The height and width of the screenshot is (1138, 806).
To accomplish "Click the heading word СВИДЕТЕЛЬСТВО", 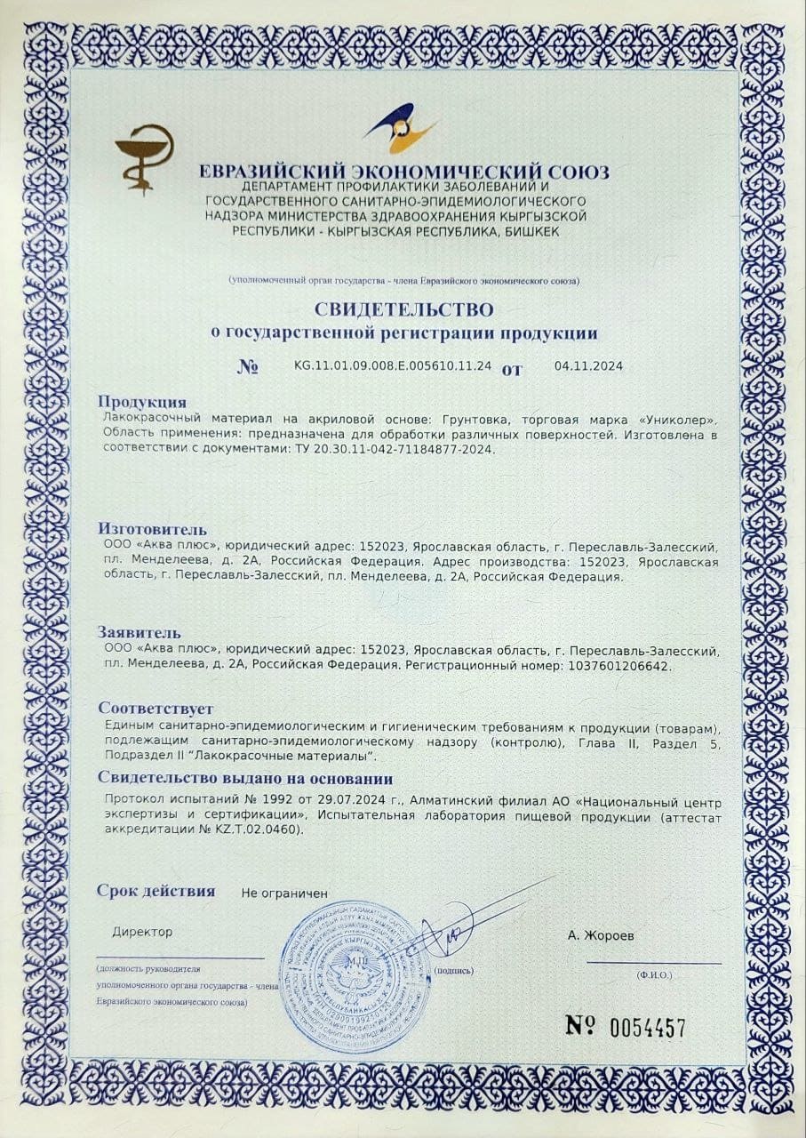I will click(403, 309).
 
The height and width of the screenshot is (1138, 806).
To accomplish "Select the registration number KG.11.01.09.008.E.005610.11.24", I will click(392, 365).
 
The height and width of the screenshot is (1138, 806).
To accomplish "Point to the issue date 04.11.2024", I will click(588, 365).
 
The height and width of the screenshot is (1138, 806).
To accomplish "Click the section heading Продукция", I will click(142, 402).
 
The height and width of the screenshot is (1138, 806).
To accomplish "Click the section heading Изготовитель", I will click(152, 531).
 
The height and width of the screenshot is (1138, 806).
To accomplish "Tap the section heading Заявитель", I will click(141, 633).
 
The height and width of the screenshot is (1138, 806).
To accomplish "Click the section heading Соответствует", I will click(156, 709).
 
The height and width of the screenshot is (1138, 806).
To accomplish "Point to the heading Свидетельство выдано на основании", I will click(245, 779).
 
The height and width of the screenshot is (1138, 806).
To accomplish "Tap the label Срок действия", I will click(156, 890).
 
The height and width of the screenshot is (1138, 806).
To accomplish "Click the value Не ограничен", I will click(284, 893).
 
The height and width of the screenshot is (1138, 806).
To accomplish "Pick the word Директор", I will click(142, 932).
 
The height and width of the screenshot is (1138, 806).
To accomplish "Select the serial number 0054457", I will click(648, 1028).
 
